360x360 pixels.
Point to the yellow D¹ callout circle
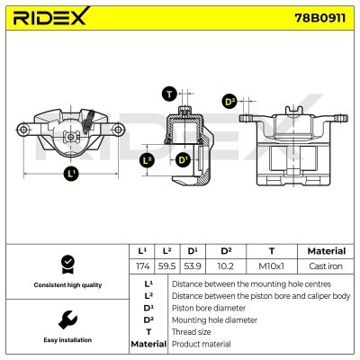[x=184, y=160]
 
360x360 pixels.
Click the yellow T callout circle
[x=169, y=94]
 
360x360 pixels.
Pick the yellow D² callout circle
[x=229, y=102]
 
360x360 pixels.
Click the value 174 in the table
[x=141, y=268]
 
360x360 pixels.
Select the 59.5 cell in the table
[x=166, y=268]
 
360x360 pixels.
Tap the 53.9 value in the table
[x=192, y=268]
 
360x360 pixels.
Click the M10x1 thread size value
[x=271, y=268]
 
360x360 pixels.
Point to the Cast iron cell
[x=325, y=268]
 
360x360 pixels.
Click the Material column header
[x=325, y=251]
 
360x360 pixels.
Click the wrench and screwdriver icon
[x=67, y=319]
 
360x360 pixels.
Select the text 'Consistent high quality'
[x=67, y=284]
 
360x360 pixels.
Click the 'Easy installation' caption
[x=67, y=340]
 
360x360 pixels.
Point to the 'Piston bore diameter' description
[x=208, y=307]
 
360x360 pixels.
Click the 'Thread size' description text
[x=192, y=331]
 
